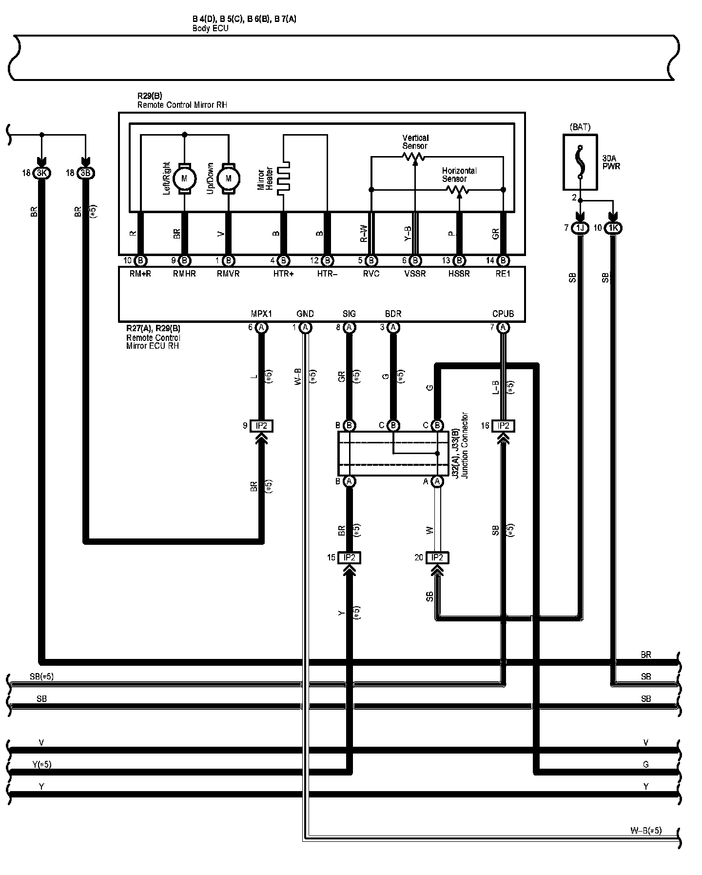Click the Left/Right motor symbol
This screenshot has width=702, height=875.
184,179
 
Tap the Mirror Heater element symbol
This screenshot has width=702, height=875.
283,179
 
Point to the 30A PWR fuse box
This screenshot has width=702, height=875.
580,162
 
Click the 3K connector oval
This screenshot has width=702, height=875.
42,173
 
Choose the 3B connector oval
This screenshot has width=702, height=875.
86,173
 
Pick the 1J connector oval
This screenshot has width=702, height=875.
580,228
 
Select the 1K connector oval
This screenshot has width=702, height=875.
613,228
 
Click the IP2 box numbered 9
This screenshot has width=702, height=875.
261,426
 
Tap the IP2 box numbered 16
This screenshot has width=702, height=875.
503,426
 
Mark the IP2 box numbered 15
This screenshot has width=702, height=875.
349,557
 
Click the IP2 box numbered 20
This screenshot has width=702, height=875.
437,557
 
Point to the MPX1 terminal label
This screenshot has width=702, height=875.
261,314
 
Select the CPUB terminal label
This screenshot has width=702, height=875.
503,314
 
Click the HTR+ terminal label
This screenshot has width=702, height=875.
283,274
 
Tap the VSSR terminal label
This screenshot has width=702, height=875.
415,274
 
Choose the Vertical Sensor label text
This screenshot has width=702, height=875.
415,142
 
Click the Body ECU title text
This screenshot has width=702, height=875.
210,28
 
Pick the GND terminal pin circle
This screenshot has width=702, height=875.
305,327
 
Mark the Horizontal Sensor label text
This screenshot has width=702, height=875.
459,175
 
